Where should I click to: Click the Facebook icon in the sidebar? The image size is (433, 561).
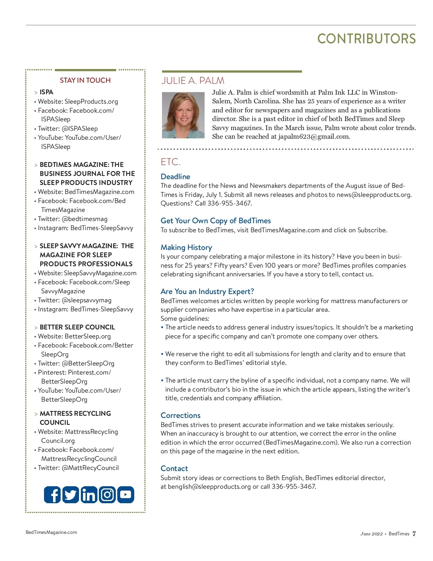[x=52, y=495]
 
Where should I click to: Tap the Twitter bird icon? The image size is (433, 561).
[x=71, y=495]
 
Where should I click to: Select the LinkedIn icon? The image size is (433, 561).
[x=89, y=495]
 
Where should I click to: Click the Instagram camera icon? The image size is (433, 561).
[x=107, y=495]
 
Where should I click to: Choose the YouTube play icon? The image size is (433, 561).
[x=126, y=495]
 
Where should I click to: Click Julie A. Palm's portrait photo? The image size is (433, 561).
[x=183, y=115]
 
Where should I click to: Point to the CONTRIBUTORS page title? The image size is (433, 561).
[x=366, y=39]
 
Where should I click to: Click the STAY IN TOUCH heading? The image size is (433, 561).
[x=85, y=80]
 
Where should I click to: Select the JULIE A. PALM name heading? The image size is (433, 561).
[x=193, y=81]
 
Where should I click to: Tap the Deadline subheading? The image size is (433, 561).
[x=175, y=177]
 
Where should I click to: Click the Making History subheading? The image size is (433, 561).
[x=186, y=247]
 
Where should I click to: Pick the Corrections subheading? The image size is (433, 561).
[x=180, y=415]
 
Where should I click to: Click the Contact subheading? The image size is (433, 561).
[x=174, y=469]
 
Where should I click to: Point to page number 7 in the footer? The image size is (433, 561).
[x=414, y=534]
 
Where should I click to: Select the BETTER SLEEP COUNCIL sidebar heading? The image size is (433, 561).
[x=77, y=327]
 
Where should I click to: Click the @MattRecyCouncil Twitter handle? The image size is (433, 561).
[x=90, y=468]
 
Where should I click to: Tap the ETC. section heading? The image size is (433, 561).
[x=170, y=162]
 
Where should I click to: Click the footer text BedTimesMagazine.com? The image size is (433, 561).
[x=51, y=532]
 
